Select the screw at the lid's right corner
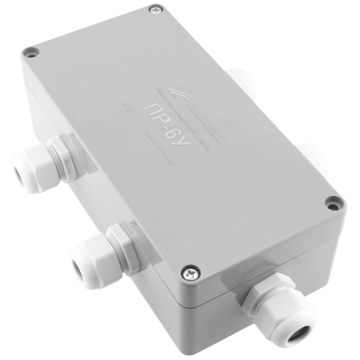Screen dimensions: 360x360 pyautogui.click(x=332, y=203)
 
